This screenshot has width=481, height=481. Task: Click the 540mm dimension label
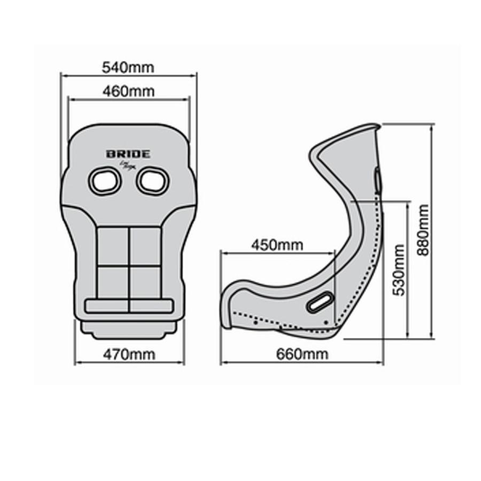click(128, 68)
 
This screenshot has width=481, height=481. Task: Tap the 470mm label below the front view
click(129, 354)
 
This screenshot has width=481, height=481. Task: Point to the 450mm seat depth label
click(277, 245)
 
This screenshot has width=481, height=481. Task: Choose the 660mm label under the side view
click(302, 354)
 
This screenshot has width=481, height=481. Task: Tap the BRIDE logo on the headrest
click(128, 154)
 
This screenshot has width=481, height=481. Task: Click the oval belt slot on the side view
click(320, 302)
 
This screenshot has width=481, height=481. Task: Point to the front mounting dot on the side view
click(255, 322)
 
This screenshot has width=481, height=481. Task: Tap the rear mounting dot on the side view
click(326, 322)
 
